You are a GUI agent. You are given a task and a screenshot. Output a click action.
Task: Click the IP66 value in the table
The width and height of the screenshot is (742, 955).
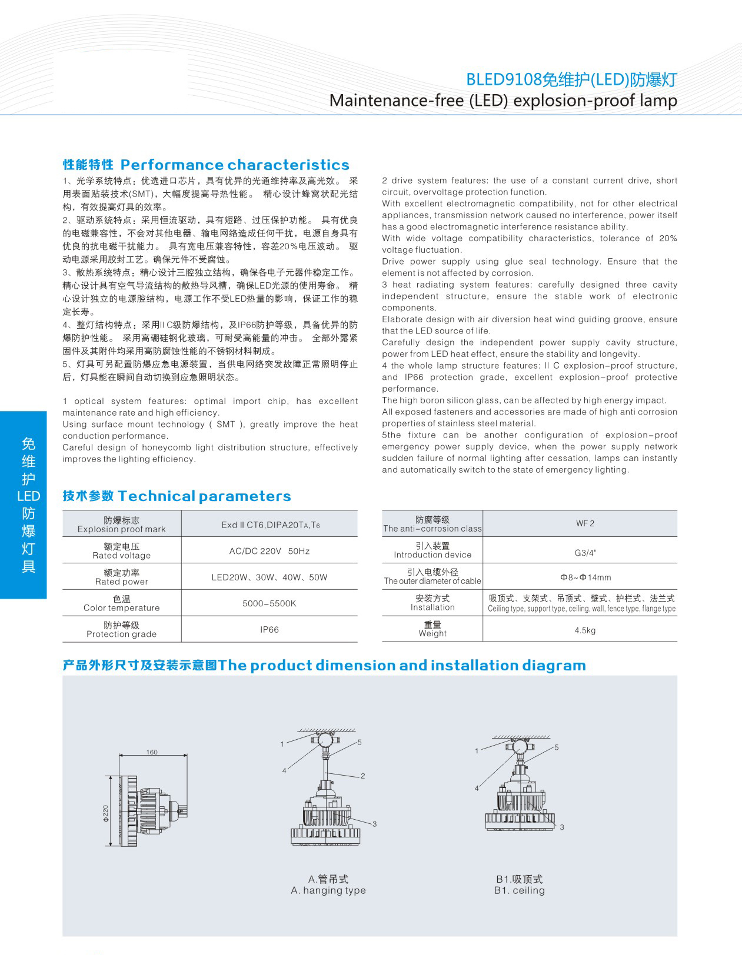point(269,630)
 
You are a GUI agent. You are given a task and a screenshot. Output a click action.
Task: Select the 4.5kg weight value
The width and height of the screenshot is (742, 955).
point(585,630)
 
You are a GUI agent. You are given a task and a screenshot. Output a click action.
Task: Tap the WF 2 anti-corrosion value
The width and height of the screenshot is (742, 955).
point(585,523)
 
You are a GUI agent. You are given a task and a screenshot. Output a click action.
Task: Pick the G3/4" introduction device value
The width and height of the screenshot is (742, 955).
point(585,553)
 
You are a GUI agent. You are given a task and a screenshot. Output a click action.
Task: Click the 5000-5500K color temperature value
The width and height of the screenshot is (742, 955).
point(269,603)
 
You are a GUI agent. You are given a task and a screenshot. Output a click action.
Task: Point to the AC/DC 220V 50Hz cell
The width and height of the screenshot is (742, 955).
point(269,551)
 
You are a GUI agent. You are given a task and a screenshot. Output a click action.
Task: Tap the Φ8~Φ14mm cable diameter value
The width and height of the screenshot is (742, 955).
point(585,577)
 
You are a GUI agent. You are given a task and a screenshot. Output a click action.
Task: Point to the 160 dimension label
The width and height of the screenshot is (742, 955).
point(152,752)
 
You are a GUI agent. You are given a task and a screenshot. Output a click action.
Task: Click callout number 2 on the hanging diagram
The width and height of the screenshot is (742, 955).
point(363,776)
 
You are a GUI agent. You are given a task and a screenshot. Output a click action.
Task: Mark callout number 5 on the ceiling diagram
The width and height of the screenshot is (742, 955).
point(557,747)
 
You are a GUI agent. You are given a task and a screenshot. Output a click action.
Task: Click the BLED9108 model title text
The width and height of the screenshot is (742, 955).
point(571,79)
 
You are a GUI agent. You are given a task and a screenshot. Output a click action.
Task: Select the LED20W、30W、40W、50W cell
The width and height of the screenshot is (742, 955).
point(269,577)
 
